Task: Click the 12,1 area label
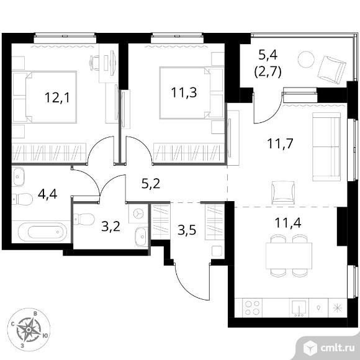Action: point(57,97)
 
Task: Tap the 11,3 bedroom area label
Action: point(184,92)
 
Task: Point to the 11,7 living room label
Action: point(280,143)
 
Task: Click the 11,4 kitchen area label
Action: point(288,223)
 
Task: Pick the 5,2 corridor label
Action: point(151,184)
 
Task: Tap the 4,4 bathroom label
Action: point(48,194)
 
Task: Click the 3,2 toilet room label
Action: point(111,227)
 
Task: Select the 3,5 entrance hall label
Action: point(187,230)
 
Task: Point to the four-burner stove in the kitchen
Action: point(253,308)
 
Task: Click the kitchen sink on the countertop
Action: point(299,308)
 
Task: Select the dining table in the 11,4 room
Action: point(289,256)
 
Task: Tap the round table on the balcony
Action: point(306,59)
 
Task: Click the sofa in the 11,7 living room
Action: point(326,146)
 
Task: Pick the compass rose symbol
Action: point(29,330)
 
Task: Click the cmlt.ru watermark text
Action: point(337,348)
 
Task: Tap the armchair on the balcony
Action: point(331,69)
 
